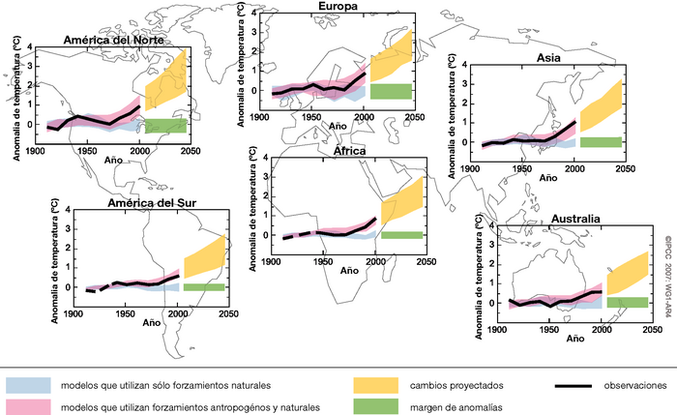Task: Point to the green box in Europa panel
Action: (x=391, y=91)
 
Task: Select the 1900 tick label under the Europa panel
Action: (x=259, y=117)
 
